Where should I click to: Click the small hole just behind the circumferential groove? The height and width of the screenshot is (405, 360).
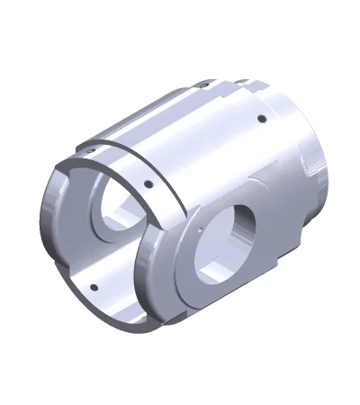point(148,186)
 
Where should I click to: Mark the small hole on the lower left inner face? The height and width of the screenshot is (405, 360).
point(93,288)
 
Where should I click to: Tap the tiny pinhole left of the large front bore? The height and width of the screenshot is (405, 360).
point(197,229)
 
